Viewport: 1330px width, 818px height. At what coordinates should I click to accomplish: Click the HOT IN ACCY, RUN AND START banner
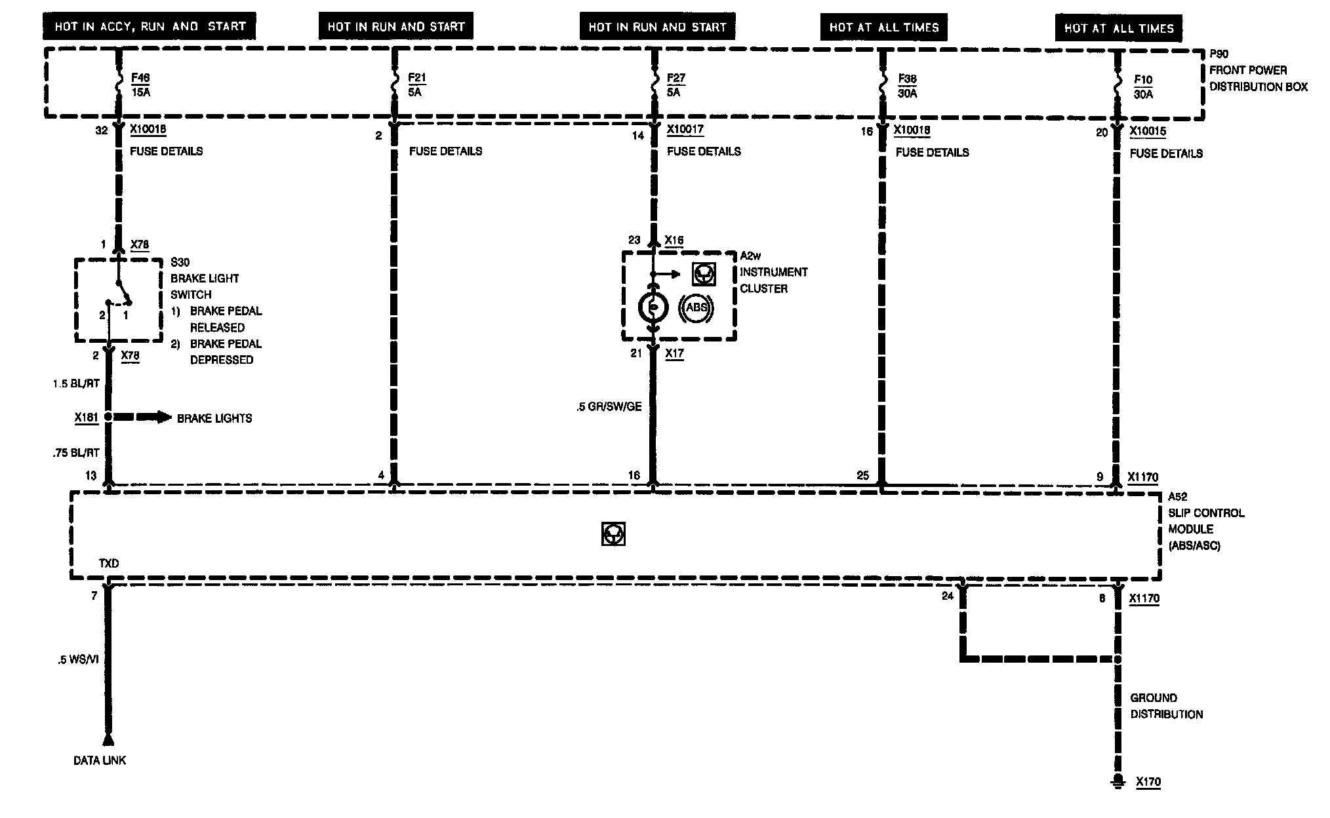(x=150, y=27)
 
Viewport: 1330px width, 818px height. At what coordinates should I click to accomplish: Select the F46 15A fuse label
(x=140, y=85)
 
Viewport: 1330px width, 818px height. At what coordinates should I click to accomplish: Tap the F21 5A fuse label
(x=416, y=85)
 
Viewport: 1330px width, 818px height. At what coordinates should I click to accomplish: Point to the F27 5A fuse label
(x=675, y=85)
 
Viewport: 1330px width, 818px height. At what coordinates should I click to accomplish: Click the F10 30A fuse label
(x=1143, y=87)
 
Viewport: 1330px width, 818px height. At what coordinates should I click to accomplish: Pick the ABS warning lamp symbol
(x=696, y=307)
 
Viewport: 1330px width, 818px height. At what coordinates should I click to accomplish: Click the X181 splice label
(x=87, y=417)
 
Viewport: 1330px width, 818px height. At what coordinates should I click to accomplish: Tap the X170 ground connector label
(x=1148, y=782)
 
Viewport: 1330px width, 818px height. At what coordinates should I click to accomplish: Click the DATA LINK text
(x=100, y=760)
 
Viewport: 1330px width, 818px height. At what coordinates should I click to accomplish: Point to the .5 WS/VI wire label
(x=78, y=660)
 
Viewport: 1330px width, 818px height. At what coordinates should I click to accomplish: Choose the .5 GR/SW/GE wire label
(x=609, y=407)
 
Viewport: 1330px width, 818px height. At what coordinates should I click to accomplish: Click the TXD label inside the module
(x=109, y=563)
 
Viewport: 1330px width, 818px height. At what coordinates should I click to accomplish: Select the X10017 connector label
(x=685, y=129)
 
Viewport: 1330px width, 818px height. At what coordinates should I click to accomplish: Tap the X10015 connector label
(x=1148, y=131)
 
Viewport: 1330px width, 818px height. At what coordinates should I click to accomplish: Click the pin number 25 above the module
(x=863, y=475)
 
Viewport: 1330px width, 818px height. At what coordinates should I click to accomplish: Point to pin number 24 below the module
(x=947, y=596)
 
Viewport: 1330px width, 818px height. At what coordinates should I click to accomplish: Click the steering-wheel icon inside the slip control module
(x=613, y=534)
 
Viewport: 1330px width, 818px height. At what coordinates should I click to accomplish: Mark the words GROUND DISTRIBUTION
(x=1166, y=706)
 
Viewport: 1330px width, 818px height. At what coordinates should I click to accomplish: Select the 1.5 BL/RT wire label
(x=76, y=383)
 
